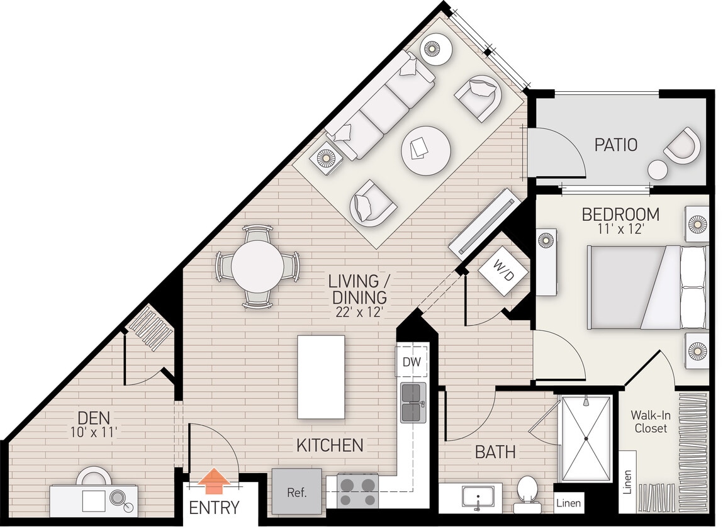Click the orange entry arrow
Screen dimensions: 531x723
point(215,481)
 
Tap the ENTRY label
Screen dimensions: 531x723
point(214,508)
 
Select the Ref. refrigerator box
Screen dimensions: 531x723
point(296,491)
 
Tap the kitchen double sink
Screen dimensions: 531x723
point(413,403)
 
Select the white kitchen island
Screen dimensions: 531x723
point(321,376)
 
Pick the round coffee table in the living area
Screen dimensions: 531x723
point(426,151)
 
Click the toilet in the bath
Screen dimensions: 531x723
point(526,493)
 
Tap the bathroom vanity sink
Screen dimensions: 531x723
point(478,497)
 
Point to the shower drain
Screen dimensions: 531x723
point(586,439)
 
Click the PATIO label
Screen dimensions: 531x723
point(615,145)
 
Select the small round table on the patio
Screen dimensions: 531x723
point(658,170)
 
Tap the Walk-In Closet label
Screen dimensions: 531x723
point(649,422)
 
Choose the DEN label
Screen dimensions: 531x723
point(95,416)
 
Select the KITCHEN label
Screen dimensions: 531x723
point(330,445)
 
